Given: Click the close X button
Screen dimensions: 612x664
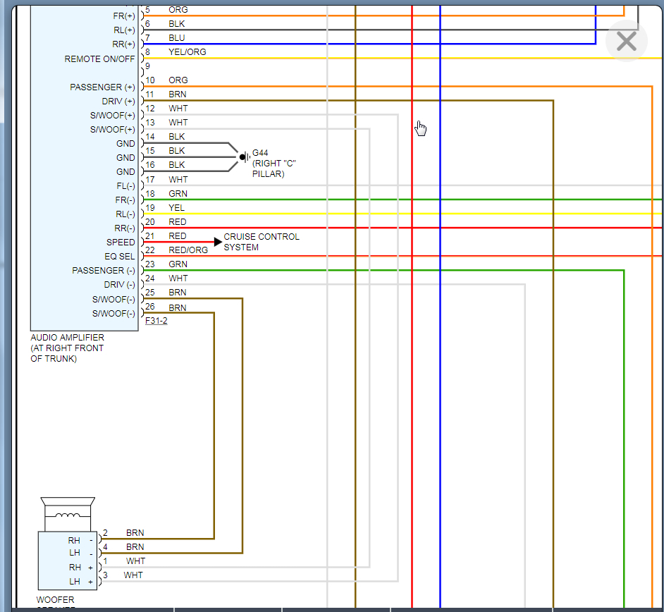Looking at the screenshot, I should pyautogui.click(x=626, y=42).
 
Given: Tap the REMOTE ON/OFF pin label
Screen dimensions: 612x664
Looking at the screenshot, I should pyautogui.click(x=99, y=59).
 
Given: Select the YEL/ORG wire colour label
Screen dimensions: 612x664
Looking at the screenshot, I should pyautogui.click(x=187, y=52).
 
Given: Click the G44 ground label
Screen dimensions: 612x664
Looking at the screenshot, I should pyautogui.click(x=260, y=152).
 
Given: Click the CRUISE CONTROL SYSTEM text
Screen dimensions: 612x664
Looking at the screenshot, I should pyautogui.click(x=262, y=242).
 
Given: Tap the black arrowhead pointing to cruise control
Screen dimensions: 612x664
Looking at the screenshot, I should pyautogui.click(x=218, y=242).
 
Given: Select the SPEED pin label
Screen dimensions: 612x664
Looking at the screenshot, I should pyautogui.click(x=121, y=243).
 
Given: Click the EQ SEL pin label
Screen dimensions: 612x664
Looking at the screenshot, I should pyautogui.click(x=120, y=257).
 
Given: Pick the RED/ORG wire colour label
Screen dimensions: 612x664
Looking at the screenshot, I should pyautogui.click(x=188, y=250).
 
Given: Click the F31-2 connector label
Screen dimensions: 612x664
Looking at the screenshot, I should pyautogui.click(x=156, y=321).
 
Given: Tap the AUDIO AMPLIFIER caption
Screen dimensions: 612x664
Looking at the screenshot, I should pyautogui.click(x=67, y=338).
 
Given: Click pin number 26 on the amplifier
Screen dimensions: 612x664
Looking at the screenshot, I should pyautogui.click(x=150, y=307).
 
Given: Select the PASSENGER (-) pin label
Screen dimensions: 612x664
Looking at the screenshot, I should pyautogui.click(x=103, y=271).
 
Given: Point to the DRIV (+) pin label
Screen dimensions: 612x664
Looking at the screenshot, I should pyautogui.click(x=118, y=102).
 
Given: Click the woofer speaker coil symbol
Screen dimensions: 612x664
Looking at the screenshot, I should pyautogui.click(x=68, y=515).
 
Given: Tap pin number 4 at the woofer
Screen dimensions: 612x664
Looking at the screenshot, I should pyautogui.click(x=105, y=547).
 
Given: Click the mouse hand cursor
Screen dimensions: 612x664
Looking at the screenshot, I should pyautogui.click(x=421, y=128).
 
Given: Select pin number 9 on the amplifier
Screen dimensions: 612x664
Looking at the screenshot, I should pyautogui.click(x=148, y=66).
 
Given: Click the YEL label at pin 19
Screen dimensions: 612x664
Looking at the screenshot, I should pyautogui.click(x=176, y=208).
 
